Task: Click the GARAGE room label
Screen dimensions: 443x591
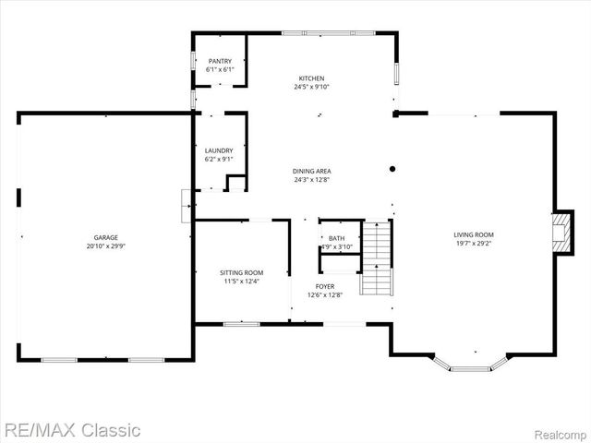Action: pos(104,237)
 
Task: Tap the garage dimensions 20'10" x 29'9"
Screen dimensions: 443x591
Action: pos(104,246)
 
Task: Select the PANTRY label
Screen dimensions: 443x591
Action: pos(220,61)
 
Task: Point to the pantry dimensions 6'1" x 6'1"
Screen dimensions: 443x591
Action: pos(220,69)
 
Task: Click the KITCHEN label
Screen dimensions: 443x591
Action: pos(311,78)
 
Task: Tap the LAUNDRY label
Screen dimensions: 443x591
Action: pos(219,150)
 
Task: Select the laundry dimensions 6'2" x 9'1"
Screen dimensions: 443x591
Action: pos(219,159)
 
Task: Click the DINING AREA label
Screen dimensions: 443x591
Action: pos(311,171)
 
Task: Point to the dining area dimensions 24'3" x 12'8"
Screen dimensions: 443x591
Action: pos(311,180)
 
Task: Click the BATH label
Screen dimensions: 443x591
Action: pos(338,238)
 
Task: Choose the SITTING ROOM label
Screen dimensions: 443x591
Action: pos(242,272)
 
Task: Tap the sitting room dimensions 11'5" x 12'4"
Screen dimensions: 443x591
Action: pos(242,281)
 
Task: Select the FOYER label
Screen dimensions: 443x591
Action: pos(325,286)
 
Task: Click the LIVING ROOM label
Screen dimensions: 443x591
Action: pos(473,234)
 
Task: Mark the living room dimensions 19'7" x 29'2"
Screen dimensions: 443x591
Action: pos(473,244)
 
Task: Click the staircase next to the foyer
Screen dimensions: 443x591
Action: pos(376,257)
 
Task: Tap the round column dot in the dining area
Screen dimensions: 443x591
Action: pos(392,169)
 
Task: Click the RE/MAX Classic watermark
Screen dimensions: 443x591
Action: pos(71,429)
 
